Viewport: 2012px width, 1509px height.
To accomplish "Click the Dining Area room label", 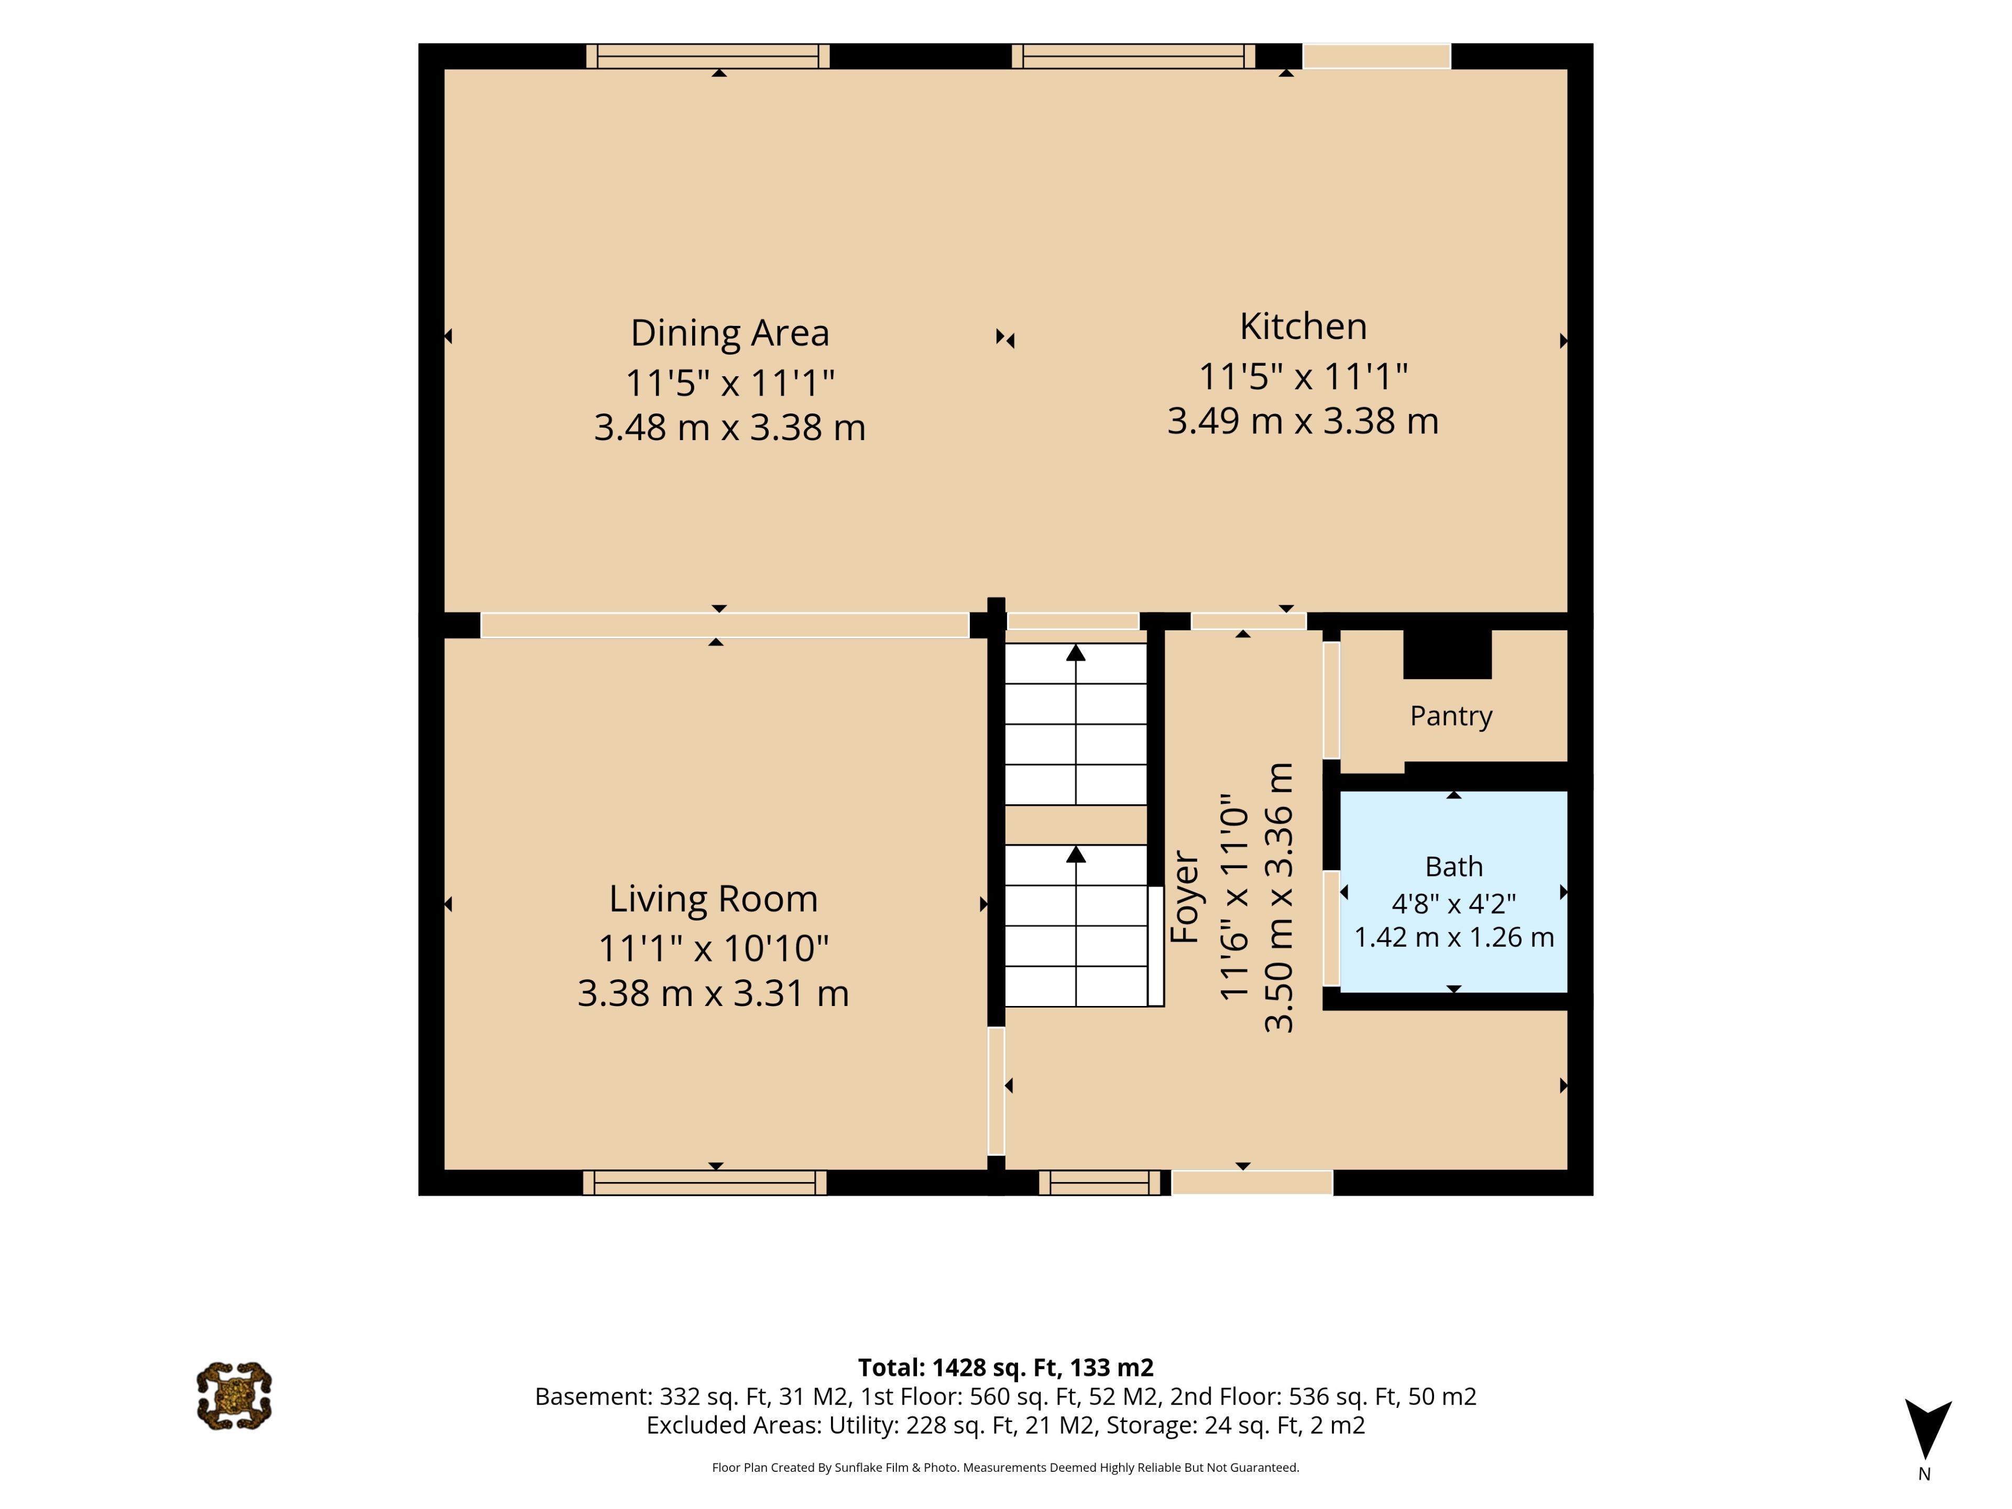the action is point(729,333).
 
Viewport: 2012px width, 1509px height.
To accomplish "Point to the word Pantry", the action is point(1451,716).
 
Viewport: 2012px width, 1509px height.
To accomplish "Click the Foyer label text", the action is point(1184,896).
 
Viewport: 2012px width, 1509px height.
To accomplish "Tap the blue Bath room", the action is point(1453,891).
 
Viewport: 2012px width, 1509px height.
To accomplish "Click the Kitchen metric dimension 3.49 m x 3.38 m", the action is point(1303,421).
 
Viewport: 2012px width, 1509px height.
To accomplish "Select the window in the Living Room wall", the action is point(705,1183).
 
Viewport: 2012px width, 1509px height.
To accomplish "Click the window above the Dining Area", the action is point(708,57).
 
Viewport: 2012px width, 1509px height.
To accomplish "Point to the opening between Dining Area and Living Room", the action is point(725,625).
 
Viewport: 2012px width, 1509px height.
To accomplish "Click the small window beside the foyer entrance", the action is point(1100,1183).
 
